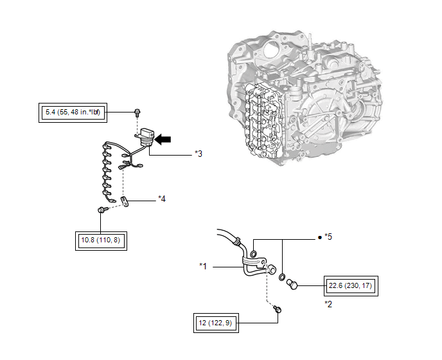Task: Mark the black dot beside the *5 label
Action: click(x=319, y=237)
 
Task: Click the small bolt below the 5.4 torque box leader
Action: click(x=137, y=113)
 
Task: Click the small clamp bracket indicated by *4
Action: click(x=126, y=203)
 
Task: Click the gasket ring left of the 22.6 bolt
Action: click(x=282, y=277)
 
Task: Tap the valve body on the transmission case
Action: click(x=261, y=116)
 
